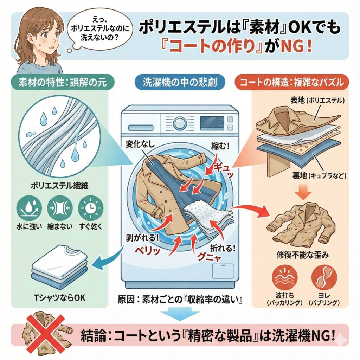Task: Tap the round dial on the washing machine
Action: click(180, 123)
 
